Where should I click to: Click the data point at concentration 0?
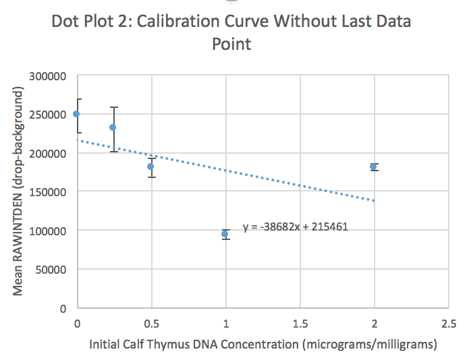pyautogui.click(x=76, y=114)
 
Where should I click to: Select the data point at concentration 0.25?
pyautogui.click(x=113, y=127)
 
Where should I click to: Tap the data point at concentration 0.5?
pyautogui.click(x=151, y=167)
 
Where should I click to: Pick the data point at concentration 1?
pyautogui.click(x=225, y=234)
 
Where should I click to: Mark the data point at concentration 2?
pyautogui.click(x=373, y=167)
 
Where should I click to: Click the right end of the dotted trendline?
pyautogui.click(x=373, y=200)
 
